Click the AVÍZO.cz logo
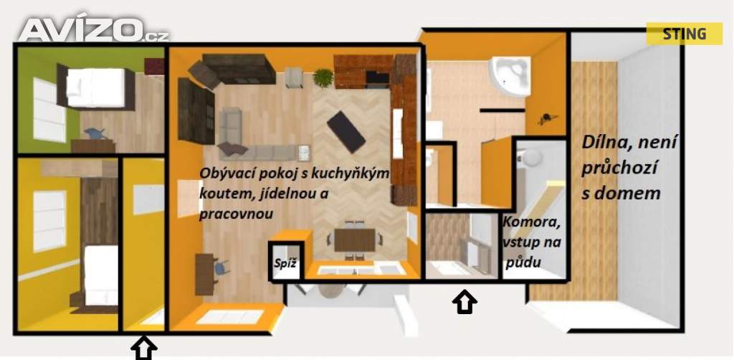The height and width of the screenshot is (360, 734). tap(94, 30)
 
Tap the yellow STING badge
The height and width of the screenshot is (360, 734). tap(684, 34)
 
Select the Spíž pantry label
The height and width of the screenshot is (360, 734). tap(285, 263)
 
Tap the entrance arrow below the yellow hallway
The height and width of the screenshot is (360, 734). tap(143, 349)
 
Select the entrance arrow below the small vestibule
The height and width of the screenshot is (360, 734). tap(464, 302)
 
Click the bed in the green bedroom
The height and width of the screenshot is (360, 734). tap(95, 87)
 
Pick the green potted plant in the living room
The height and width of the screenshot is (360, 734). tap(323, 77)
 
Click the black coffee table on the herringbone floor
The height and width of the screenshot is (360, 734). tap(346, 132)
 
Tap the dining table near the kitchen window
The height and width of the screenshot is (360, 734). tap(355, 240)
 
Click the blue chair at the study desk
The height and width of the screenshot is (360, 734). tap(221, 266)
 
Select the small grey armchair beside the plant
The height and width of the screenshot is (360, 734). tap(293, 77)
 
